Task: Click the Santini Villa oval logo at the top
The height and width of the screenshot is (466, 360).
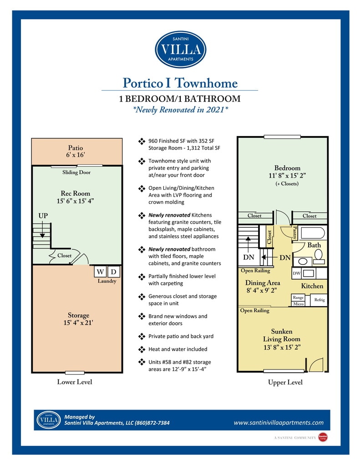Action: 180,49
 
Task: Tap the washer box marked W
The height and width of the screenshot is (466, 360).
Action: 100,271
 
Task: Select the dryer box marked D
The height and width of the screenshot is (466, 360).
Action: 113,271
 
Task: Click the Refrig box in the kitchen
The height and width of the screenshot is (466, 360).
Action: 319,300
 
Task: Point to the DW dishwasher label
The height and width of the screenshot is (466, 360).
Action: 296,273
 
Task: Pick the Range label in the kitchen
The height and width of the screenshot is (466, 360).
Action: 298,298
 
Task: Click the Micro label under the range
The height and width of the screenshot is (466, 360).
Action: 298,304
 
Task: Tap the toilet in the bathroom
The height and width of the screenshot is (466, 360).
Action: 319,256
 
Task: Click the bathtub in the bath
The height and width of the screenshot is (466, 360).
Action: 312,233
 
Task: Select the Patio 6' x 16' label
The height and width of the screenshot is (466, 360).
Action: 76,151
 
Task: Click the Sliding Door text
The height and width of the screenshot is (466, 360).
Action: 76,172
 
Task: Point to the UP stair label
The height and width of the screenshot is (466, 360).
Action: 43,216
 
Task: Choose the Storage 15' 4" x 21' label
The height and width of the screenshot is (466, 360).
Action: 78,319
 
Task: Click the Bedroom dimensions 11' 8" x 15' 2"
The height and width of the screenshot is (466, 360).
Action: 287,176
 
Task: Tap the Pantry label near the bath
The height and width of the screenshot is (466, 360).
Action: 295,233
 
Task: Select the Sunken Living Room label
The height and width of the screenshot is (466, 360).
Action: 282,335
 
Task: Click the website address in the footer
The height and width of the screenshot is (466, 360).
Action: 279,423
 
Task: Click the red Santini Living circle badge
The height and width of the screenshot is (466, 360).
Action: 323,437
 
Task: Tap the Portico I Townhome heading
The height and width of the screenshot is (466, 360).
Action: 180,83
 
